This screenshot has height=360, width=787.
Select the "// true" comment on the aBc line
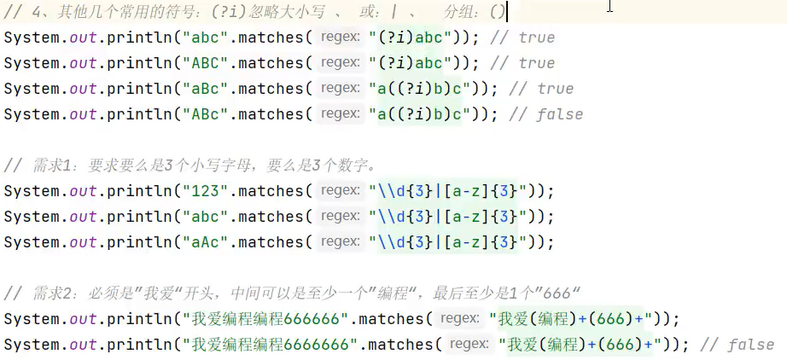[544, 89]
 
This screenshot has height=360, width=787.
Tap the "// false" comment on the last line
[737, 345]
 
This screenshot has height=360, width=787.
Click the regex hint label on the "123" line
[341, 191]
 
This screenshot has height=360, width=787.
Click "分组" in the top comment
[462, 12]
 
